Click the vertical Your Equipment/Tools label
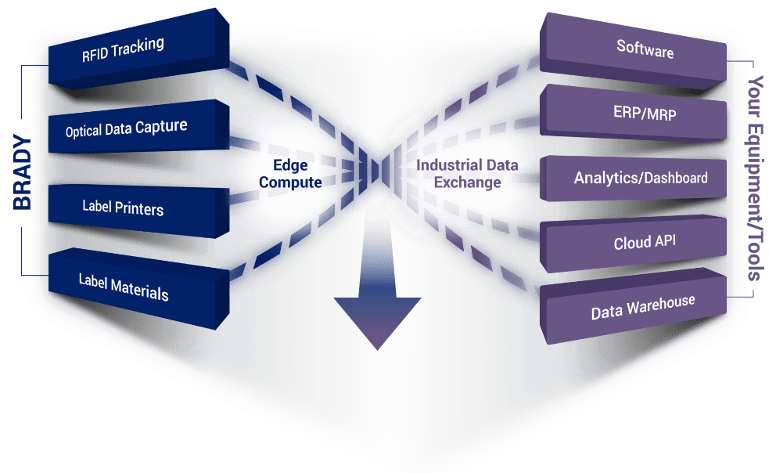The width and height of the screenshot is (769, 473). tap(756, 178)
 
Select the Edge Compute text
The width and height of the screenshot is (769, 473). tap(290, 174)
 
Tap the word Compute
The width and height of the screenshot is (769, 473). tap(290, 182)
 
